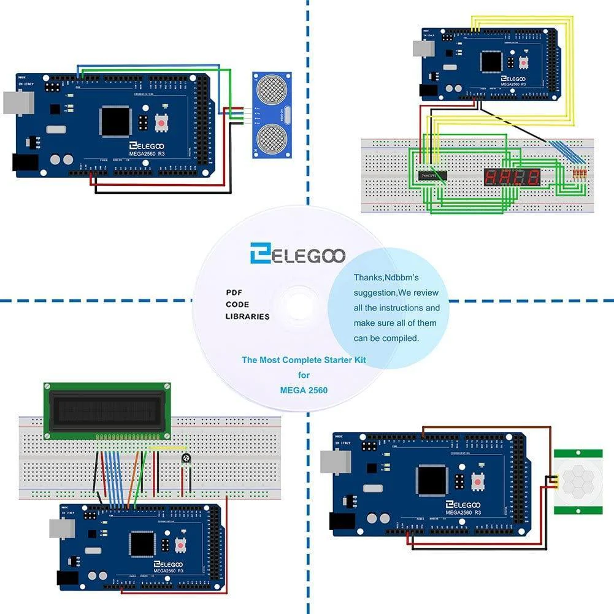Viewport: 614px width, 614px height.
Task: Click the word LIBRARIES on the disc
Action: click(247, 317)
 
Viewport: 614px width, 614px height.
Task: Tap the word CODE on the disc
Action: click(237, 304)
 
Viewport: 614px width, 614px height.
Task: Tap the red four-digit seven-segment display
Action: click(513, 177)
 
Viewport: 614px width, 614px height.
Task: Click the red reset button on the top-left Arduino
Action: click(161, 123)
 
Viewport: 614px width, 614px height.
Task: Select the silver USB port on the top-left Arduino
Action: click(17, 102)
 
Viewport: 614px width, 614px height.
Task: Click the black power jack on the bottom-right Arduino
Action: click(342, 521)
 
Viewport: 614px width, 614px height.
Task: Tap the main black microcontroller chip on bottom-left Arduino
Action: click(142, 543)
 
